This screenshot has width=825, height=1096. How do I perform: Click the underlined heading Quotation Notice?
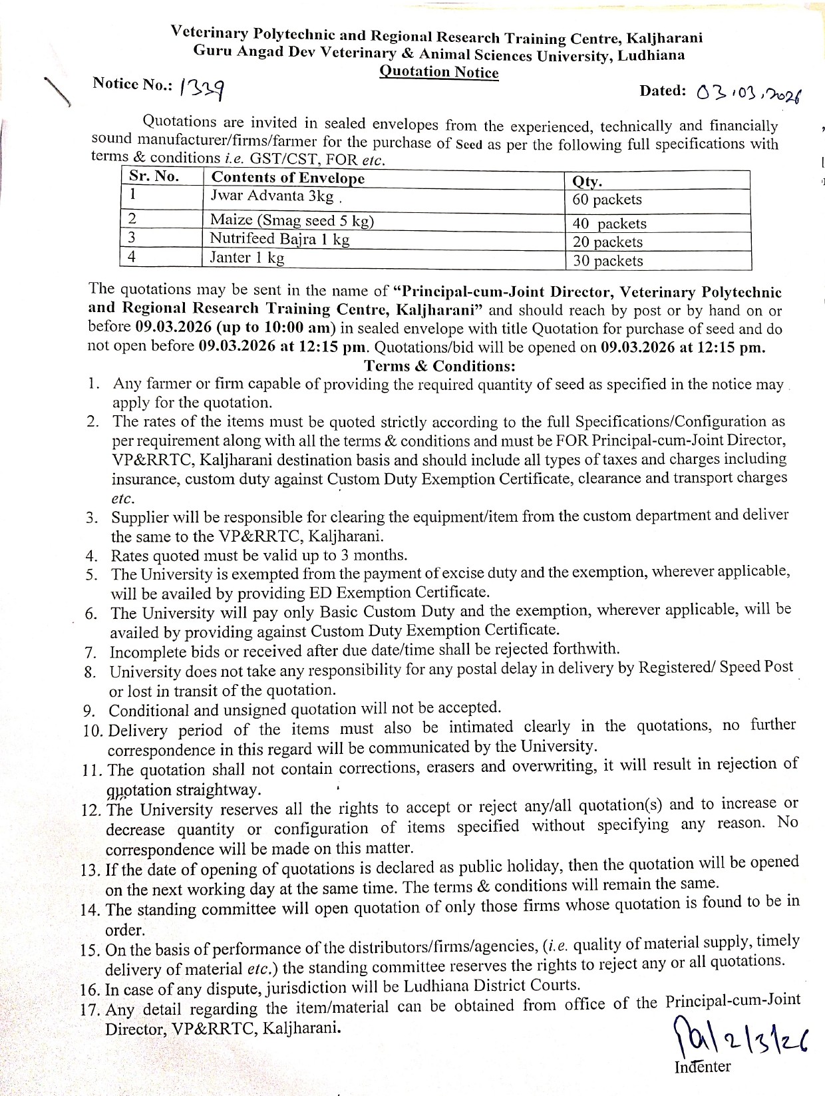point(438,72)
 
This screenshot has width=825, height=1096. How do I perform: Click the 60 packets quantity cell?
point(607,200)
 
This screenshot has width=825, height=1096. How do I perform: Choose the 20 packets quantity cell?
point(607,242)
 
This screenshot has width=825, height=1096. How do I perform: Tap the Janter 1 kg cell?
point(247,258)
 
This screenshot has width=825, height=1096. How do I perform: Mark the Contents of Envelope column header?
point(287,178)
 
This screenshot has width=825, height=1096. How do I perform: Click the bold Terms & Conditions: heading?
point(440,366)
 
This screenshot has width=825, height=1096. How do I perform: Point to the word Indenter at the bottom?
point(702,1066)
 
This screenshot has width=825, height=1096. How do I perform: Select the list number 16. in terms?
point(92,990)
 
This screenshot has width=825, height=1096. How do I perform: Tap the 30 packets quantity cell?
point(607,261)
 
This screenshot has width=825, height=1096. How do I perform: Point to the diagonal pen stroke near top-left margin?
point(58,91)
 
